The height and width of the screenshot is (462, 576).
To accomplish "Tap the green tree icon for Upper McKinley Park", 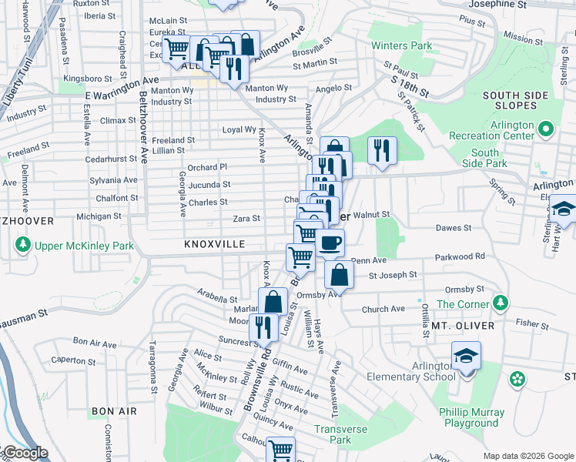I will point(22,246).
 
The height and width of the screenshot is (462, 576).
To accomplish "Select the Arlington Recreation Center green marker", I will point(545,129).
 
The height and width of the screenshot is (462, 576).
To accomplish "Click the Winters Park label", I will point(401,46).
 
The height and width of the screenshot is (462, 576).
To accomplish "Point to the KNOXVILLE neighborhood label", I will point(214,244).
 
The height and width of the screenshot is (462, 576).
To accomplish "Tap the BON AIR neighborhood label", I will point(114,411).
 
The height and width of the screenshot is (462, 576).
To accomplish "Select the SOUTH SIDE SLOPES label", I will point(510,100).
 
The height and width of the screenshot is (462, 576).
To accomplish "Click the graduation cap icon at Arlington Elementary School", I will point(466,357).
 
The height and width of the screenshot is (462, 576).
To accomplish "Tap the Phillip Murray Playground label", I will point(469,417).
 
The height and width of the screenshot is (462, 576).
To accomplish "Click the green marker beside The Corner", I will point(501,301).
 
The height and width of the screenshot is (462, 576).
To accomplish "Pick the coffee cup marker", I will point(330,243).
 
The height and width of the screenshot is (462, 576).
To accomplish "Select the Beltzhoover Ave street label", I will point(144,127).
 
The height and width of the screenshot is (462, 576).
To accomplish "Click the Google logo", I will point(25,454).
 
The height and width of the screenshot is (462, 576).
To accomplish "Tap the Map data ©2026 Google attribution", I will point(527,455).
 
